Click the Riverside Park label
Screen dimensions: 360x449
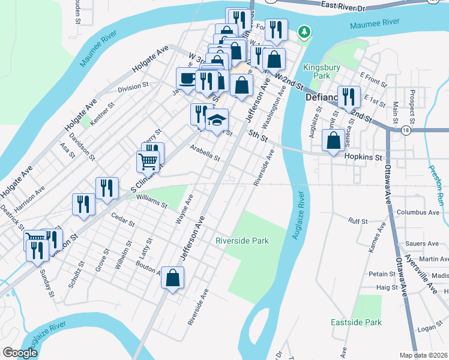tap(242, 241)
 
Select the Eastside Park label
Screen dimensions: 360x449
tap(356, 322)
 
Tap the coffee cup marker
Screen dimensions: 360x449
tap(187, 78)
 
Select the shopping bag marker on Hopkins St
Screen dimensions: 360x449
tap(333, 141)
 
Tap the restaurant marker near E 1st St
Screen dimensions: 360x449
tap(348, 96)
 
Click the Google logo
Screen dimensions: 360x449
tap(20, 353)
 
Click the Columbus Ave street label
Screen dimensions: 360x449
tap(418, 212)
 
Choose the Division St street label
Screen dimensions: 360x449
tap(133, 86)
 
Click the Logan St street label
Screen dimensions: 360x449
tap(430, 328)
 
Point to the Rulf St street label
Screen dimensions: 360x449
tap(358, 221)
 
